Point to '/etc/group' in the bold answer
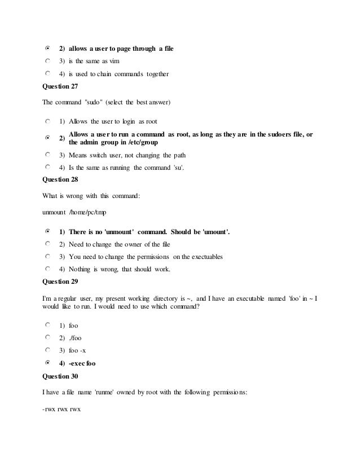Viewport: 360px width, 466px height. click(139, 142)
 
